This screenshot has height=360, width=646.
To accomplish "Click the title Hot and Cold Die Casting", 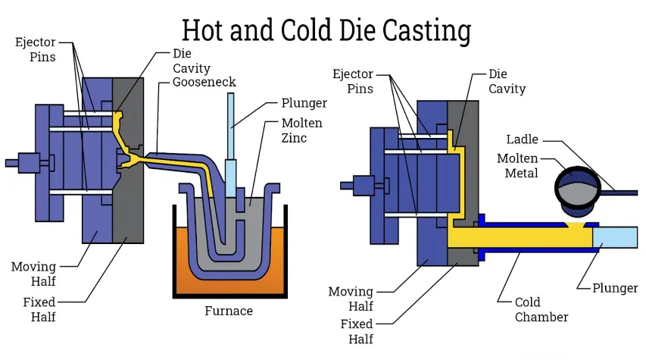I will [326, 30].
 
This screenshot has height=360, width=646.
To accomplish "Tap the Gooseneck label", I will [204, 82].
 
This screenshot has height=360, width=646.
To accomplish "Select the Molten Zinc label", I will [302, 130].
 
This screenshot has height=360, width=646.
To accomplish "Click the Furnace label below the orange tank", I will [229, 311].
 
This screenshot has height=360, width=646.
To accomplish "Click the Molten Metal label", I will [517, 166].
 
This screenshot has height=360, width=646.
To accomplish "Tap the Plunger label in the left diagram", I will [304, 102].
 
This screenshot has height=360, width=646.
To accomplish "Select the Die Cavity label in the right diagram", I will [507, 82].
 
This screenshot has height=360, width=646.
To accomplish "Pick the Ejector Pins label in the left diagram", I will [35, 49].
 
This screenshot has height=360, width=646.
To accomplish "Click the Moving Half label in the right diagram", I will [351, 299].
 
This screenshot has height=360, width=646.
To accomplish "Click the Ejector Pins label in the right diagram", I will [352, 81].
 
